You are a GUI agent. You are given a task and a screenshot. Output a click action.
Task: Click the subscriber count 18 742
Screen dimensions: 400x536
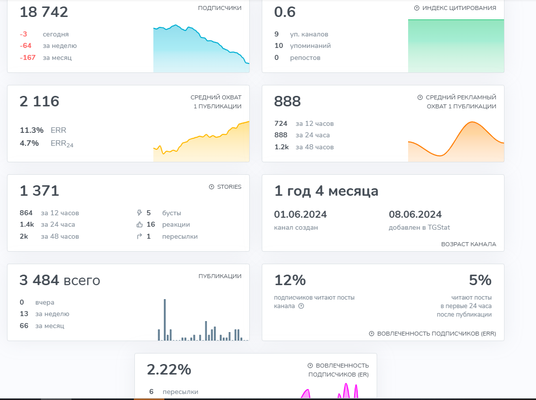pyautogui.click(x=44, y=12)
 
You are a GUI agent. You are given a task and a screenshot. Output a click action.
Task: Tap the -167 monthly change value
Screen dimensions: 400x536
pyautogui.click(x=27, y=58)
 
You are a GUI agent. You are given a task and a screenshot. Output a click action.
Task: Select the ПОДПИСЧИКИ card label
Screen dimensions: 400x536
pyautogui.click(x=219, y=8)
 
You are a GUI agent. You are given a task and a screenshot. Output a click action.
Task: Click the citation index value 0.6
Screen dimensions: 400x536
pyautogui.click(x=285, y=12)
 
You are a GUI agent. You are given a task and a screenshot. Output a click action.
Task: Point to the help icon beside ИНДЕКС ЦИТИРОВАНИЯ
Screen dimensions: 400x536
pyautogui.click(x=417, y=8)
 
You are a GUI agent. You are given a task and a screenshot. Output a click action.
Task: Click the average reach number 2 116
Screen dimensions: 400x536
pyautogui.click(x=39, y=102)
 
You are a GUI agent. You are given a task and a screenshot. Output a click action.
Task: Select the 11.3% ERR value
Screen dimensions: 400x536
pyautogui.click(x=31, y=130)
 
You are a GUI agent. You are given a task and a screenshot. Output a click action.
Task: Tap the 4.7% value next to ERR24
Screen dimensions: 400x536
pyautogui.click(x=29, y=143)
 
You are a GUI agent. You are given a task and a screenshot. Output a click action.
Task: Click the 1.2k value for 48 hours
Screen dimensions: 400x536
pyautogui.click(x=281, y=147)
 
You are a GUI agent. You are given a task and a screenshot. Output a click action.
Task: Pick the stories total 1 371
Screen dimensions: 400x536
pyautogui.click(x=39, y=191)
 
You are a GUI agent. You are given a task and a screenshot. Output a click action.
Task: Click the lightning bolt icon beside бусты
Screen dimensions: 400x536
pyautogui.click(x=139, y=213)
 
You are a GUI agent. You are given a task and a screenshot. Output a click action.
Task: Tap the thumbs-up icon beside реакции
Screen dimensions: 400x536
pyautogui.click(x=139, y=225)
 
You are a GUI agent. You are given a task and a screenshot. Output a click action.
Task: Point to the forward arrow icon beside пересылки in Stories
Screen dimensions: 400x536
pyautogui.click(x=139, y=237)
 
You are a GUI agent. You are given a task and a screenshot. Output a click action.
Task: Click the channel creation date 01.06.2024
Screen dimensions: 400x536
pyautogui.click(x=300, y=215)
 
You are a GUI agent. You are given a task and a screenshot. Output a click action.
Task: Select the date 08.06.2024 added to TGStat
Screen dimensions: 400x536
pyautogui.click(x=415, y=215)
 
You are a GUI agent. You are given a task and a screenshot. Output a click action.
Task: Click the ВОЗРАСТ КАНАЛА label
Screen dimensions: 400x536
pyautogui.click(x=469, y=244)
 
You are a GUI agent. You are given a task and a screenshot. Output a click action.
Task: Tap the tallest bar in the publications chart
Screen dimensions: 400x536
pyautogui.click(x=165, y=320)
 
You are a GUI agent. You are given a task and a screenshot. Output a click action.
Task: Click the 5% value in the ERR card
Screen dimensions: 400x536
pyautogui.click(x=480, y=281)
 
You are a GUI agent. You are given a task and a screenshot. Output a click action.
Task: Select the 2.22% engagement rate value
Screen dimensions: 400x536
pyautogui.click(x=169, y=370)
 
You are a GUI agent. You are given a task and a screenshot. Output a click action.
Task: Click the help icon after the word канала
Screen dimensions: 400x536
pyautogui.click(x=301, y=306)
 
